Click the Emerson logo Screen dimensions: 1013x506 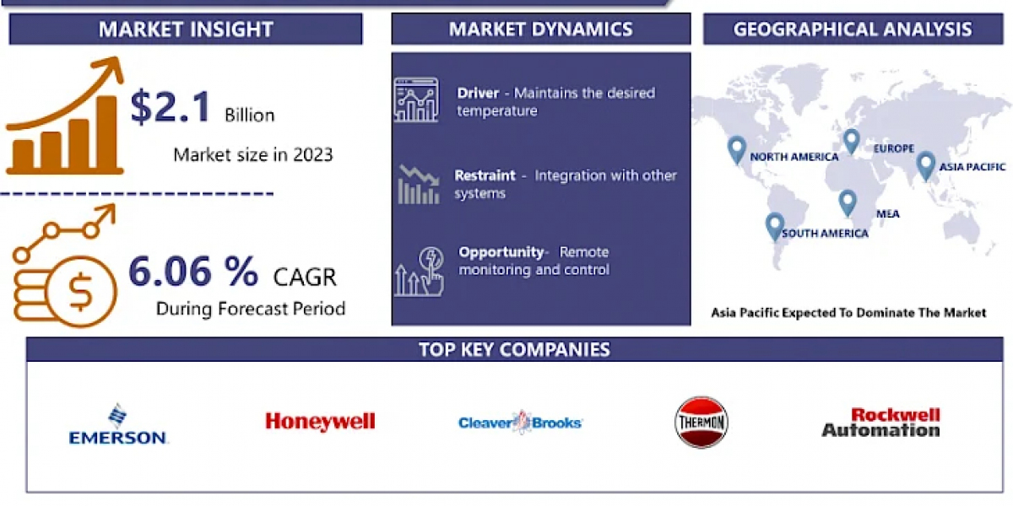(118, 424)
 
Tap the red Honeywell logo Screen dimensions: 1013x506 (320, 422)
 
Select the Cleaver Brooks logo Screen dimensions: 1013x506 (520, 423)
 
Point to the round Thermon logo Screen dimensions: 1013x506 (701, 422)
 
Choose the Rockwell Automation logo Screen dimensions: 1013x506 (881, 422)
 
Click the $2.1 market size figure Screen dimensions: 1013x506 (170, 107)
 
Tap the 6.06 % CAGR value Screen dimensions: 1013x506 (193, 272)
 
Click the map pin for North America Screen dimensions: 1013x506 (737, 150)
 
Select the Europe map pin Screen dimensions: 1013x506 (852, 141)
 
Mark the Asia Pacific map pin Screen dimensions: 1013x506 (925, 166)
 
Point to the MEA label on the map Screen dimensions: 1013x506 (888, 213)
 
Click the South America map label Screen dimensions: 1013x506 (825, 233)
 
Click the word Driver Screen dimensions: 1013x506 (478, 93)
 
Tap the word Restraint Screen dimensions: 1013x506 (485, 175)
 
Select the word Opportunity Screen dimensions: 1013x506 (501, 252)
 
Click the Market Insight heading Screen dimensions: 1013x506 (186, 30)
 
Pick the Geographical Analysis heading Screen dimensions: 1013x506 (853, 30)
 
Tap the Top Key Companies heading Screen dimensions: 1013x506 (515, 350)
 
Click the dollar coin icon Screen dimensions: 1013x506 (80, 292)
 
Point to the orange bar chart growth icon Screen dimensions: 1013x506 (65, 116)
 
